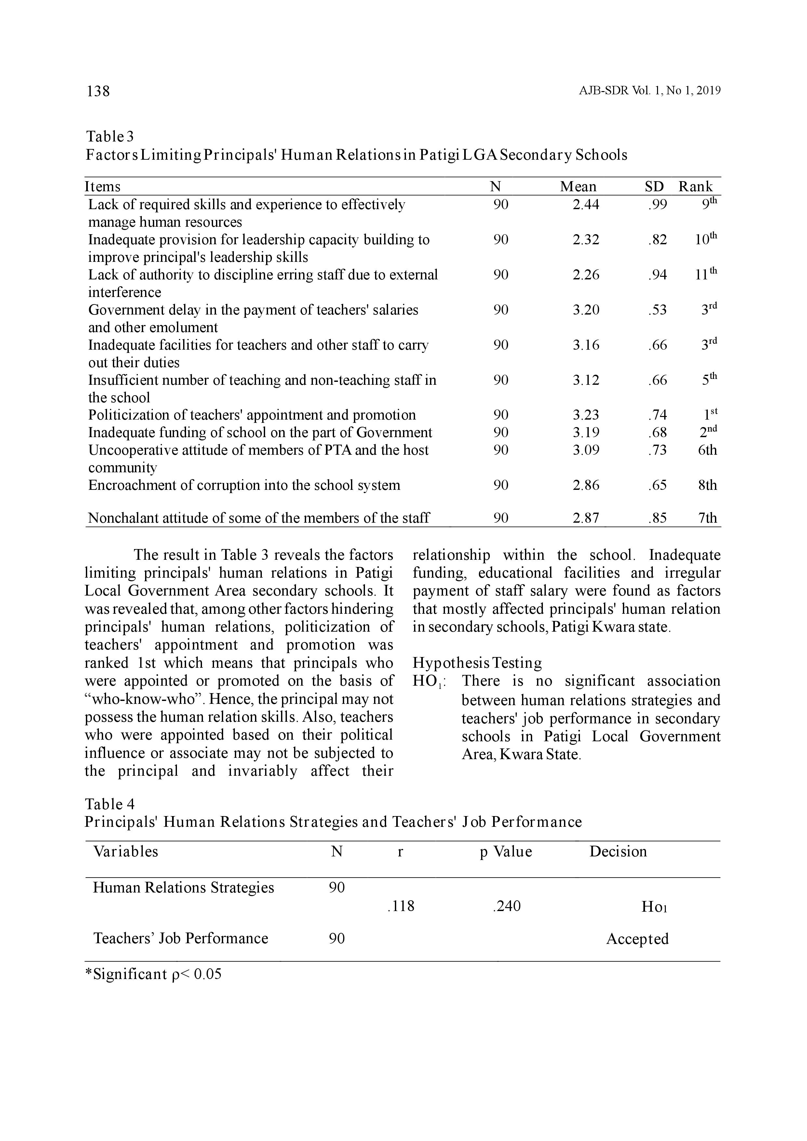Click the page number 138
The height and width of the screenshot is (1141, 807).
click(x=98, y=91)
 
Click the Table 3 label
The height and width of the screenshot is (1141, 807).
click(x=110, y=136)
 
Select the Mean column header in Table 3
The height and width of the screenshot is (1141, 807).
click(x=578, y=187)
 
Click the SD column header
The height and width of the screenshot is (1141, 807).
click(x=654, y=187)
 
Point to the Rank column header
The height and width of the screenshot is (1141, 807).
click(x=696, y=187)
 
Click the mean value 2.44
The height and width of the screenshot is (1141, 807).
click(x=586, y=205)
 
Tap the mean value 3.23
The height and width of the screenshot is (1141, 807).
click(x=586, y=415)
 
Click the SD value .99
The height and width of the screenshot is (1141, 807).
click(x=657, y=205)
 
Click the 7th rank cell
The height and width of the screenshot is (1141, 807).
click(x=707, y=518)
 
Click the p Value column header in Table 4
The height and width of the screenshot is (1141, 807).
click(x=506, y=852)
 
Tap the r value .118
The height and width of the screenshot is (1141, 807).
click(x=400, y=906)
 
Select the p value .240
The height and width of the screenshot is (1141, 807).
click(x=506, y=906)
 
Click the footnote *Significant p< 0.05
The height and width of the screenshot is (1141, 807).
click(x=154, y=974)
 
